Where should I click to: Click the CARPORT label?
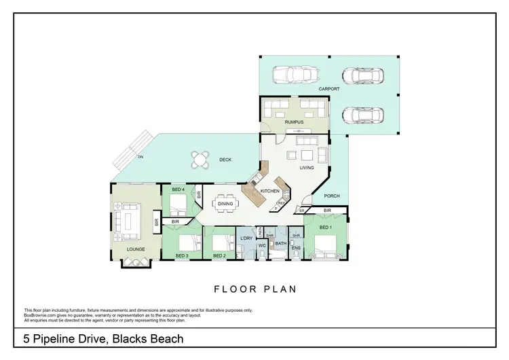[329, 89]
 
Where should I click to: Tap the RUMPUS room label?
[294, 122]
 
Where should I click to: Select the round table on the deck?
[200, 160]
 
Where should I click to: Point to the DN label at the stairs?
[140, 157]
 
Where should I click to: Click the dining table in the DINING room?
[225, 203]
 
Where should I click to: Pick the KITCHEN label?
[270, 192]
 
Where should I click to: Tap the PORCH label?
[331, 196]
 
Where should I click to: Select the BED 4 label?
[178, 190]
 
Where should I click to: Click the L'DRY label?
[246, 238]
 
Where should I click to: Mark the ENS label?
[296, 248]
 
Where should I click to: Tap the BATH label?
[280, 243]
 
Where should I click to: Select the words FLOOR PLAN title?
[255, 289]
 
